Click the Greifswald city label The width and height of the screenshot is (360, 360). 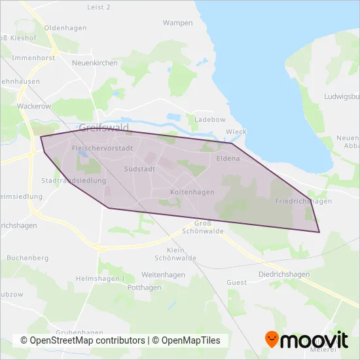(103, 127)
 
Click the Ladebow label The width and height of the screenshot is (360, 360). (210, 119)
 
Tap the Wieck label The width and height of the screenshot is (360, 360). (236, 132)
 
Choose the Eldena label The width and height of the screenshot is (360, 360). (228, 158)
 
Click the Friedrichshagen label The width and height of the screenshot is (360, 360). (304, 201)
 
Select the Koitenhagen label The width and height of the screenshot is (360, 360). (173, 192)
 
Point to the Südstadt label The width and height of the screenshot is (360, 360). (139, 169)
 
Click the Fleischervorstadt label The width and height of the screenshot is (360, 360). (102, 149)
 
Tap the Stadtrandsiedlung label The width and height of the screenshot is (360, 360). (73, 180)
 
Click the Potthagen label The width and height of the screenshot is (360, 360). (144, 287)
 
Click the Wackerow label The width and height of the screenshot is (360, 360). (35, 105)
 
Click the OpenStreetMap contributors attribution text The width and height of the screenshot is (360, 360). (82, 341)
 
